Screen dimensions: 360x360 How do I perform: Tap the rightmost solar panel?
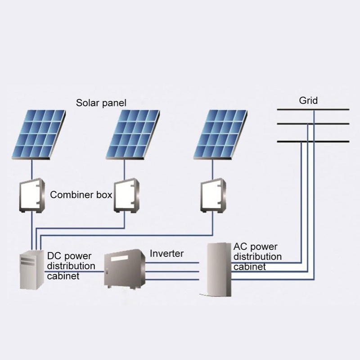point(220,135)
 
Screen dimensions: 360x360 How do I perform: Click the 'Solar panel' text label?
point(101,103)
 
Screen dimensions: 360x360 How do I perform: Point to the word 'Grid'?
point(308,100)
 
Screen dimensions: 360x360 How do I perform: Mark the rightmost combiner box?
point(213,195)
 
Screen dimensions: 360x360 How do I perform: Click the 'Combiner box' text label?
point(81,195)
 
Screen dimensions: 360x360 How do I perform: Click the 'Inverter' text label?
point(166,254)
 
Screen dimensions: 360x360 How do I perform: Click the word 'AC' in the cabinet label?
point(240,247)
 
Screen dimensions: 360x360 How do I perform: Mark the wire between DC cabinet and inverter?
point(75,271)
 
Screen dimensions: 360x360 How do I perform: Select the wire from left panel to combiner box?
point(32,170)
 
